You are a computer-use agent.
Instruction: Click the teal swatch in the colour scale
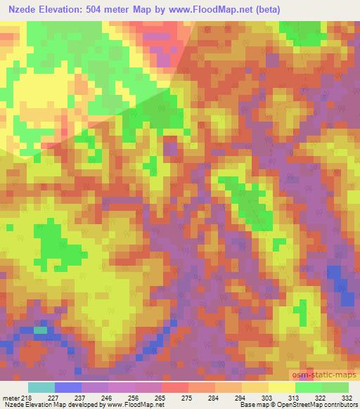[x=41, y=387]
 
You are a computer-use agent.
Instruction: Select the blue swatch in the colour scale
[x=68, y=387]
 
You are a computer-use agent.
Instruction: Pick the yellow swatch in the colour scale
[x=282, y=387]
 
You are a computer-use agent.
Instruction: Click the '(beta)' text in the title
[x=295, y=10]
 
